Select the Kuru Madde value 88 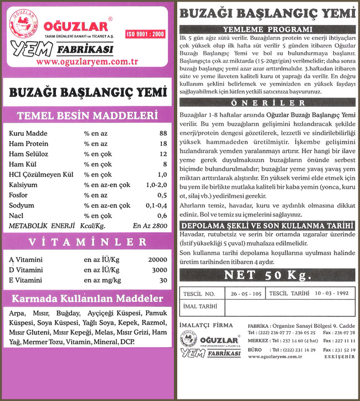click(163, 133)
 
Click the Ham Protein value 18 click(163, 143)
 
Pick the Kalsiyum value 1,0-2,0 click(156, 185)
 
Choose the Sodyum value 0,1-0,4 click(156, 205)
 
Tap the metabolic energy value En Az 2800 click(150, 225)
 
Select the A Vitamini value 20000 click(157, 260)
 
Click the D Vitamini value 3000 click(160, 270)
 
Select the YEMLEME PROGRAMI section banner click(268, 29)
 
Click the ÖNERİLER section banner click(268, 103)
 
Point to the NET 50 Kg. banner click(268, 275)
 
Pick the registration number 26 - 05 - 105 click(243, 292)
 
